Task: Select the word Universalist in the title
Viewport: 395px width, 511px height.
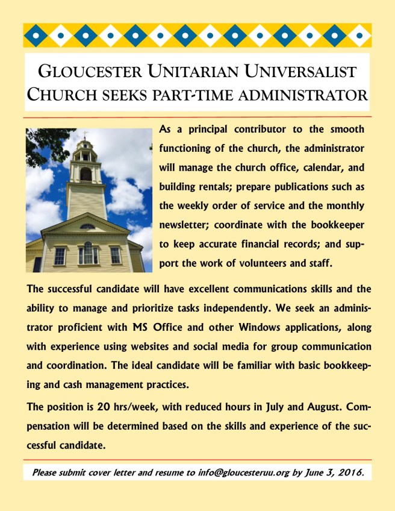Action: [x=303, y=72]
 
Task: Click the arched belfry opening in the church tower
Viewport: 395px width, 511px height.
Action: [x=86, y=174]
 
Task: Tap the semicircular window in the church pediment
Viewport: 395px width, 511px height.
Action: [x=87, y=227]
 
